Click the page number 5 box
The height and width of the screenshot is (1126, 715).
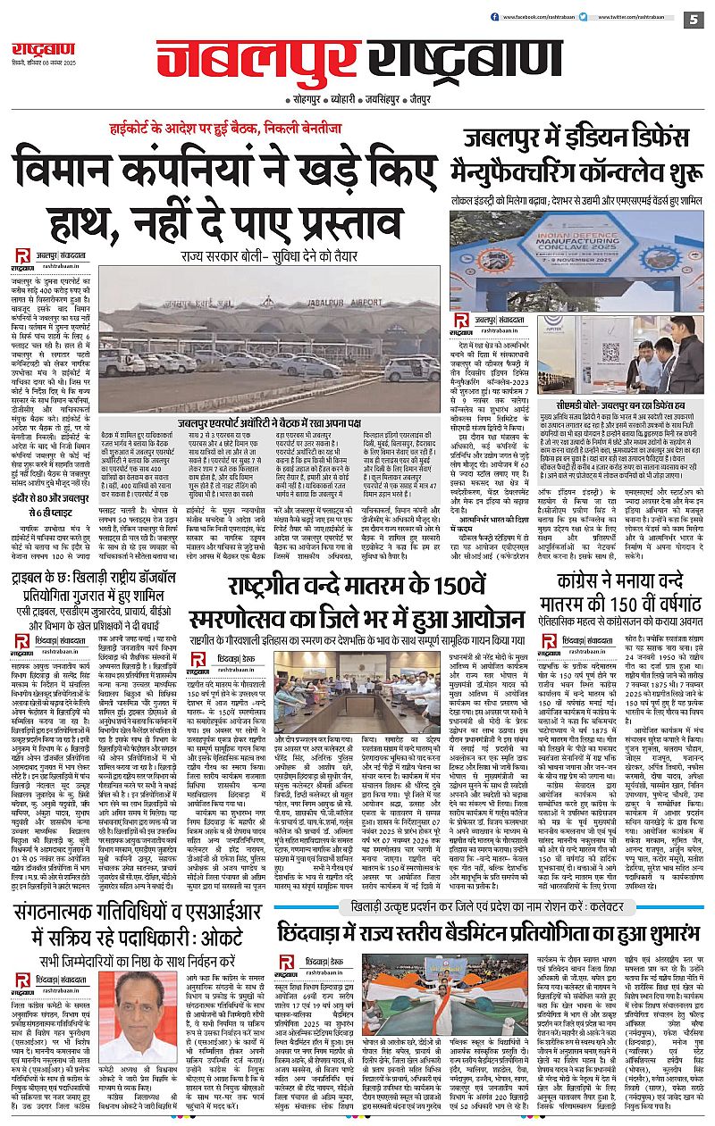click(694, 19)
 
